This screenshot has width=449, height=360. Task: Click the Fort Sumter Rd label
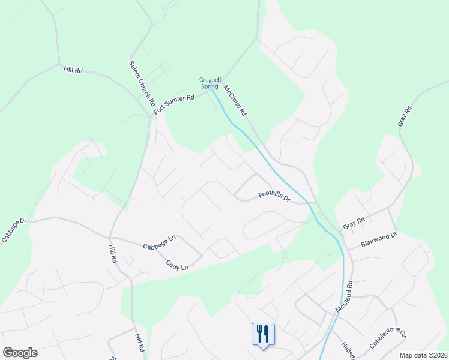click(175, 104)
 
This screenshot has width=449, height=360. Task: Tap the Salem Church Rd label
click(142, 84)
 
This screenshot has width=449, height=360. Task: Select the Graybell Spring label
click(209, 83)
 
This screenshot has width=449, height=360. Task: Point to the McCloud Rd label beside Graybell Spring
click(235, 101)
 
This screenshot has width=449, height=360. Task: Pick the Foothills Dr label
click(274, 196)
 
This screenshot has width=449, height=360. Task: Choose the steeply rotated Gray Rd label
click(405, 117)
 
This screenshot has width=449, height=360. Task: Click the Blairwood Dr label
click(379, 241)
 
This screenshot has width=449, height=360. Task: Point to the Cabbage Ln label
click(159, 242)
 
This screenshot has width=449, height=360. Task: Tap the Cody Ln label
click(176, 264)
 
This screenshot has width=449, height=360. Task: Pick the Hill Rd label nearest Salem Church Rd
click(73, 70)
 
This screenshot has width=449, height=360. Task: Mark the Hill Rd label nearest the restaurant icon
click(140, 344)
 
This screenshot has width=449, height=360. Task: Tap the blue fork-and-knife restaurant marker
click(263, 333)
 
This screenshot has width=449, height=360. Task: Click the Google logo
click(20, 353)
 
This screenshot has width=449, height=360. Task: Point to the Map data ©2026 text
click(423, 355)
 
